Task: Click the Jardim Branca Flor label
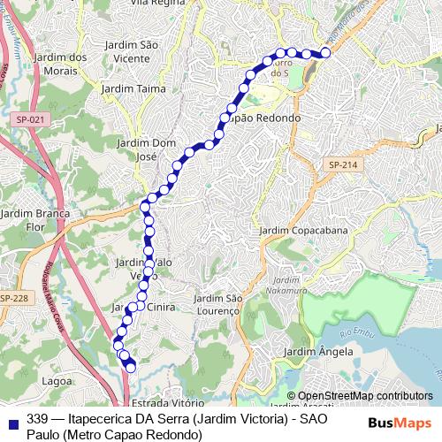point(34,219)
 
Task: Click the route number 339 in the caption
point(38,419)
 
